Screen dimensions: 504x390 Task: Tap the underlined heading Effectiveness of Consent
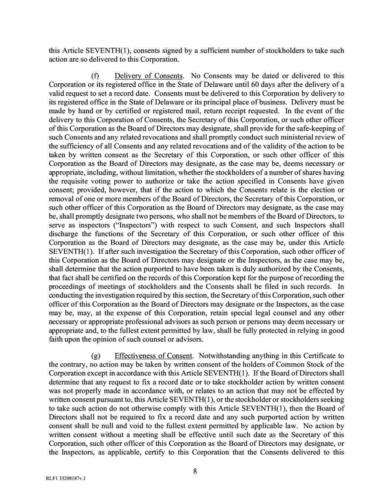click(x=154, y=356)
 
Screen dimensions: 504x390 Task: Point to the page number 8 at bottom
click(x=195, y=471)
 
